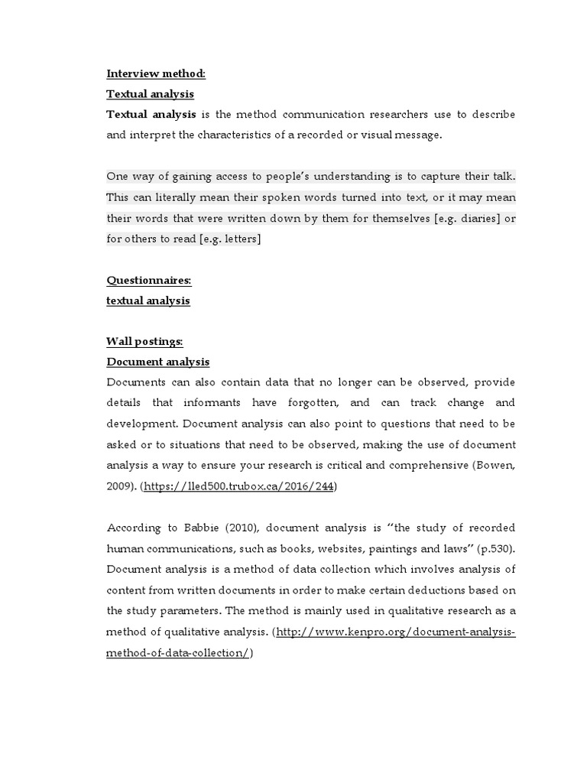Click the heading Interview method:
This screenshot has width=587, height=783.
(x=156, y=74)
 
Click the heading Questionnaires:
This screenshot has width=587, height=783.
(x=148, y=281)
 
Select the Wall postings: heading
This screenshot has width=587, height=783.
(x=144, y=341)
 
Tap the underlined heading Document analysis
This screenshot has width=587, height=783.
(x=157, y=362)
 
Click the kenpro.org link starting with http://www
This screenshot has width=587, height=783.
(x=395, y=632)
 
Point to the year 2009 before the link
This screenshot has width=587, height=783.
(x=118, y=486)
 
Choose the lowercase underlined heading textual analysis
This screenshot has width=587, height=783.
(x=148, y=301)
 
